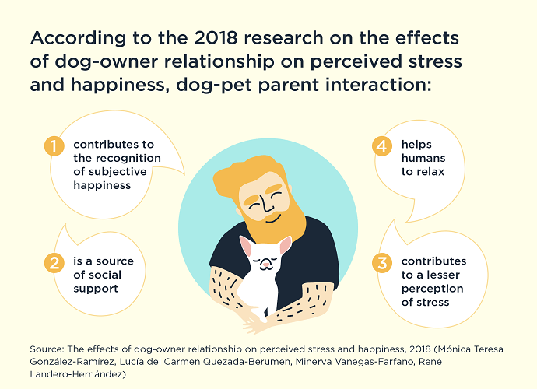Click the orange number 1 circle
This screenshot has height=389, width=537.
pyautogui.click(x=53, y=145)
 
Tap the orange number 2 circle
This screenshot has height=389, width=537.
pyautogui.click(x=53, y=262)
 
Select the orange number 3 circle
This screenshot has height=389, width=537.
pyautogui.click(x=382, y=262)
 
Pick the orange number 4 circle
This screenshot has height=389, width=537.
pyautogui.click(x=382, y=145)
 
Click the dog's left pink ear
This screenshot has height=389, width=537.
pyautogui.click(x=244, y=246)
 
